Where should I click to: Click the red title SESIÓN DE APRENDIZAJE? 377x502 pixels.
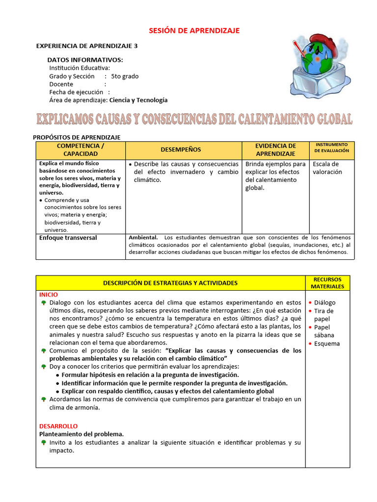pos(194,30)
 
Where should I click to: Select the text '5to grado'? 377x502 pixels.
pos(125,76)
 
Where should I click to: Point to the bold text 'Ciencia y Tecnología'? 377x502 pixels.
pos(138,100)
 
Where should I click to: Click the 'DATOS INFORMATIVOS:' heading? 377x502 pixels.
pos(85,60)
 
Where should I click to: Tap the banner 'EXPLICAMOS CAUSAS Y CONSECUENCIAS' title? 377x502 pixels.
pos(194,119)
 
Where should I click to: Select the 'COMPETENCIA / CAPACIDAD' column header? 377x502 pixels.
pos(81,150)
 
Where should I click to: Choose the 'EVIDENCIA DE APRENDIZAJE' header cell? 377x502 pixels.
pos(275,150)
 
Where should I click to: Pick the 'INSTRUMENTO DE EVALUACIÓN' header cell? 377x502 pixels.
pos(331,148)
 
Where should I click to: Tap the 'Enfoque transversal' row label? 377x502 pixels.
pos(68,238)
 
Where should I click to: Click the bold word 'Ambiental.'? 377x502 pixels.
pos(143,238)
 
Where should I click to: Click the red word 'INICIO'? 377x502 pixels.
pos(49,295)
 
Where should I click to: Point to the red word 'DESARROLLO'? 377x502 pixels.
pos(58,426)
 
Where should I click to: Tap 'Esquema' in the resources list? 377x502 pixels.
pos(327,344)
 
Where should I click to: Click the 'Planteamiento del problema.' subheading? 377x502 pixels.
pos(81,434)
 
